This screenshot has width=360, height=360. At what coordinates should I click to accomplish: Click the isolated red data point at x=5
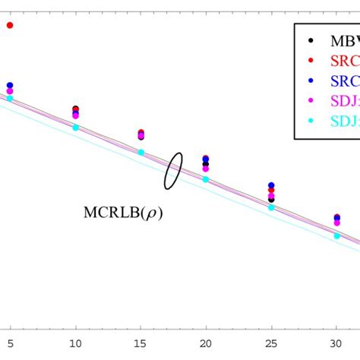pos(10,25)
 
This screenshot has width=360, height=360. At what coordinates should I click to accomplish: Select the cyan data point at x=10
pos(75,128)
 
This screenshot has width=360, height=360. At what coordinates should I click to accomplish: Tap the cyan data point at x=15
pos(141,153)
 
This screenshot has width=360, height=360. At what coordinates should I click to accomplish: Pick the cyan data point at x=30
pos(336,236)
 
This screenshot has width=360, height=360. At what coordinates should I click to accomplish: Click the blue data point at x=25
pos(271,185)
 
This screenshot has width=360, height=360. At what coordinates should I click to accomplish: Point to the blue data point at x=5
pos(10,85)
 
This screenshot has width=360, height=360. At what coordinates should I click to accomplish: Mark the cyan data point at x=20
pos(206,179)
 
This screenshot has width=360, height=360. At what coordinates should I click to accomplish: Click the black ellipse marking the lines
pos(173,170)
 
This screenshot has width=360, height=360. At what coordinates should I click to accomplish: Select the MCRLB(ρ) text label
pos(122,213)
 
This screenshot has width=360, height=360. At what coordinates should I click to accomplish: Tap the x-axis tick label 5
pos(10,344)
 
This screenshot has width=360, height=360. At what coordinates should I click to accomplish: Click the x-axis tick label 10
pos(75,344)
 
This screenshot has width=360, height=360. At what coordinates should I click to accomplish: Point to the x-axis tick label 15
pos(141,344)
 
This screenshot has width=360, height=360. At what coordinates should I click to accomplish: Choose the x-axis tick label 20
pos(206,344)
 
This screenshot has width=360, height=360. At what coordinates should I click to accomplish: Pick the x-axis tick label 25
pos(271,344)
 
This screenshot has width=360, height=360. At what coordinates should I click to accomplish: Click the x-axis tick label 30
pos(336,344)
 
